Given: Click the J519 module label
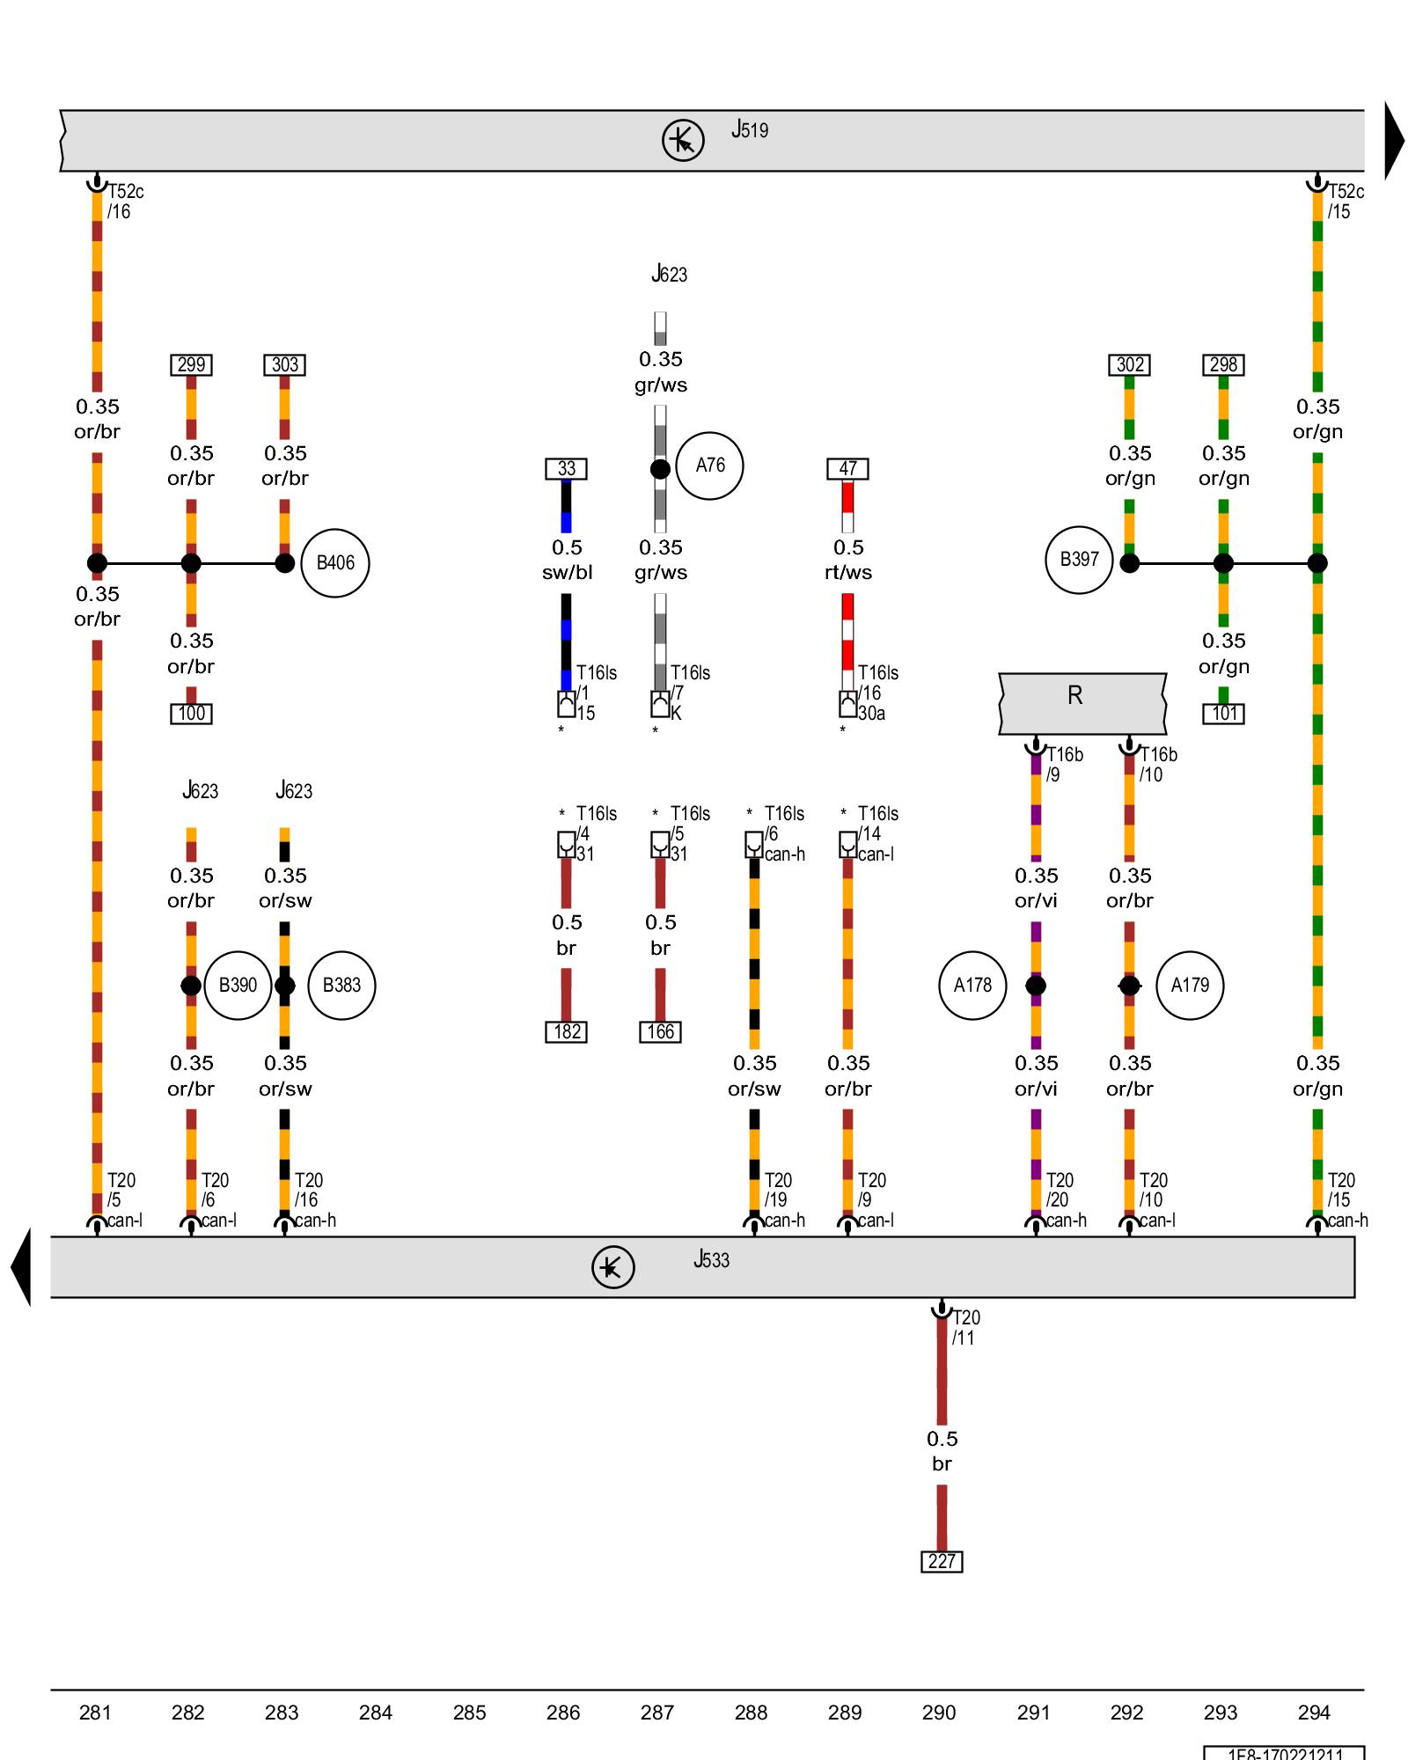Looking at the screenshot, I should click(750, 130).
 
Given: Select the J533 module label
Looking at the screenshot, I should click(711, 1260).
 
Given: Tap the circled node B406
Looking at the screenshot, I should click(335, 563).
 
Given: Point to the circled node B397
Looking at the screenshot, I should click(1079, 560).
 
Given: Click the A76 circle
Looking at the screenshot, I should click(710, 466).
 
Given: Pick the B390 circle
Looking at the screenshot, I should click(238, 986).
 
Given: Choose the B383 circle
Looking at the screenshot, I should click(341, 986).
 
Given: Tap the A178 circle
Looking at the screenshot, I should click(972, 986).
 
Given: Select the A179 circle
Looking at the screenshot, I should click(1190, 986).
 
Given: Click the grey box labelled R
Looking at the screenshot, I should click(1082, 704).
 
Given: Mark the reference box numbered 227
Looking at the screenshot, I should click(942, 1562).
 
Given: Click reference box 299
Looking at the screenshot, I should click(191, 365).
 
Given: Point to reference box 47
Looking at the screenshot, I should click(847, 469).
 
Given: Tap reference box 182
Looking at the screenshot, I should click(567, 1032).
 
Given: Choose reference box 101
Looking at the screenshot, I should click(1224, 714).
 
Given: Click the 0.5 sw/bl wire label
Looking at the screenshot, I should click(567, 561).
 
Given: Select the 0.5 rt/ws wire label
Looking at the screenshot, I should click(848, 561).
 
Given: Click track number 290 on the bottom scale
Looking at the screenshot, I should click(939, 1712).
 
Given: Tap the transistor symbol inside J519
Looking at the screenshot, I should click(683, 140).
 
